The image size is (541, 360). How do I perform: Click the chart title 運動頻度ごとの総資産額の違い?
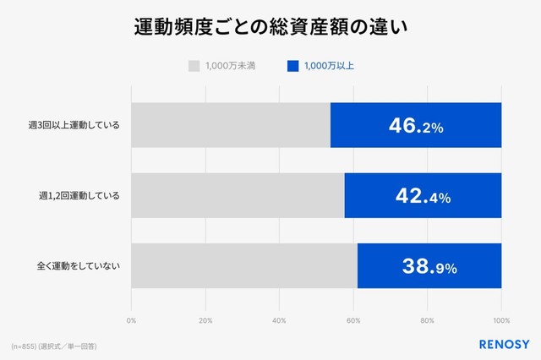tap(270, 28)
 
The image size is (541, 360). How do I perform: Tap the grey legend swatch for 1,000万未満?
tap(194, 65)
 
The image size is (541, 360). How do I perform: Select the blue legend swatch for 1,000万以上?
tap(292, 65)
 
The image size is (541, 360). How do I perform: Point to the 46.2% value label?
tap(416, 126)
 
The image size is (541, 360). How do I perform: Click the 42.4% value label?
tap(423, 196)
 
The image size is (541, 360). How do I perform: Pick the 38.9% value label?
tap(429, 266)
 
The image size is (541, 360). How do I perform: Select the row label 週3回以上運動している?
tap(74, 126)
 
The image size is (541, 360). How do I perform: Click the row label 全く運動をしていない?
tap(79, 266)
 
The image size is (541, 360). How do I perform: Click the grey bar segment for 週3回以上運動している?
tap(230, 126)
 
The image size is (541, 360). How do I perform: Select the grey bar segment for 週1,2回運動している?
tap(238, 196)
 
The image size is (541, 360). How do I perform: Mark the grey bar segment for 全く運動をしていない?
tap(244, 266)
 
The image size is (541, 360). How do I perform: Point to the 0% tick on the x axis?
tap(131, 320)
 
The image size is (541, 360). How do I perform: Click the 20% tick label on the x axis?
tap(205, 320)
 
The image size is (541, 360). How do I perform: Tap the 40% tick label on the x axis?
tap(279, 320)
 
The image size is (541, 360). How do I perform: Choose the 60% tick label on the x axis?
tap(353, 320)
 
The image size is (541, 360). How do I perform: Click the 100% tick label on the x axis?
tap(501, 320)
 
